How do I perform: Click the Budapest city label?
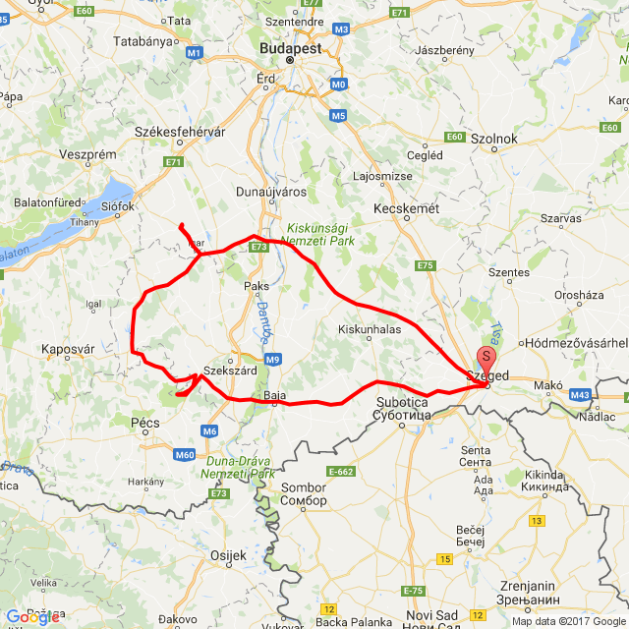pyautogui.click(x=290, y=46)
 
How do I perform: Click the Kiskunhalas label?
pyautogui.click(x=370, y=329)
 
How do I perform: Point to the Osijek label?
pyautogui.click(x=228, y=555)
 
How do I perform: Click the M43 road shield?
pyautogui.click(x=580, y=395)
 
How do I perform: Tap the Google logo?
pyautogui.click(x=31, y=616)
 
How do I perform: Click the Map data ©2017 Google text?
pyautogui.click(x=567, y=621)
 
